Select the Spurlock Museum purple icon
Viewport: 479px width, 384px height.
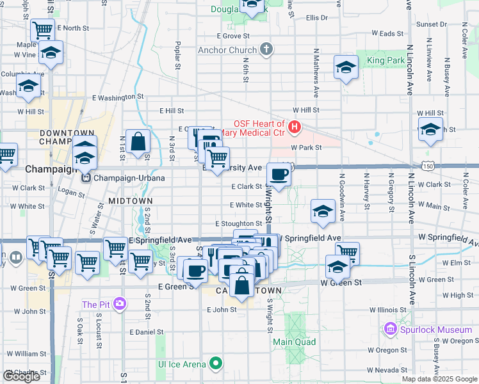pyautogui.click(x=389, y=330)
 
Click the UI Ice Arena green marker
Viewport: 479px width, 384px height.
pyautogui.click(x=216, y=364)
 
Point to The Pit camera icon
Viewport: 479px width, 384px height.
pyautogui.click(x=120, y=304)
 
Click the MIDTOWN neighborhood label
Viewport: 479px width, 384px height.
pyautogui.click(x=130, y=200)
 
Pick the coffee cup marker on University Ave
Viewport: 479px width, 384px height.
pyautogui.click(x=279, y=173)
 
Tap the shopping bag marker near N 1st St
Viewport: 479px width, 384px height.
pyautogui.click(x=138, y=143)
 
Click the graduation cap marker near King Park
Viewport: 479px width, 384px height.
pyautogui.click(x=346, y=68)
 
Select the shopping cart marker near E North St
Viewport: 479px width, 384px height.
pyautogui.click(x=42, y=29)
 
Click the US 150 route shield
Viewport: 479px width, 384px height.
pyautogui.click(x=426, y=166)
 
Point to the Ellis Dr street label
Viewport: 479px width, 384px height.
pyautogui.click(x=317, y=18)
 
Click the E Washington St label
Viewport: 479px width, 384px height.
pyautogui.click(x=117, y=97)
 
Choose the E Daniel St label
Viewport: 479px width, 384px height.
pyautogui.click(x=147, y=332)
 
